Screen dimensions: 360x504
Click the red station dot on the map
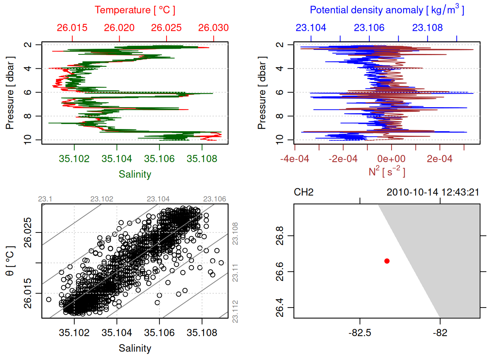[387, 261]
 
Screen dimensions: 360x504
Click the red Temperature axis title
[135, 10]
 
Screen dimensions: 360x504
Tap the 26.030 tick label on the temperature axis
[213, 28]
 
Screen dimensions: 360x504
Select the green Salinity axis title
[135, 174]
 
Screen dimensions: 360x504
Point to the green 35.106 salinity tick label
[159, 159]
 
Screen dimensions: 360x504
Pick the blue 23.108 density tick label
[427, 28]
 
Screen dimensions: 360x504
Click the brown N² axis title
[387, 172]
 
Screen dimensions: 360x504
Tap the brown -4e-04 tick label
[295, 159]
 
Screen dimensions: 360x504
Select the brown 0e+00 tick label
[391, 159]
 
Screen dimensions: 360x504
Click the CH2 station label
[304, 192]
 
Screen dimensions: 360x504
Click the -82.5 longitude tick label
[360, 333]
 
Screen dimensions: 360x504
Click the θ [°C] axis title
[10, 261]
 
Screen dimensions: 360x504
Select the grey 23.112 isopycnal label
[235, 311]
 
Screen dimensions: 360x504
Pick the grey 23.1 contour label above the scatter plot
[45, 199]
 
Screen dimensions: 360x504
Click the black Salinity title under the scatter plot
[135, 348]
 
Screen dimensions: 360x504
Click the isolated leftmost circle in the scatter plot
[49, 299]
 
